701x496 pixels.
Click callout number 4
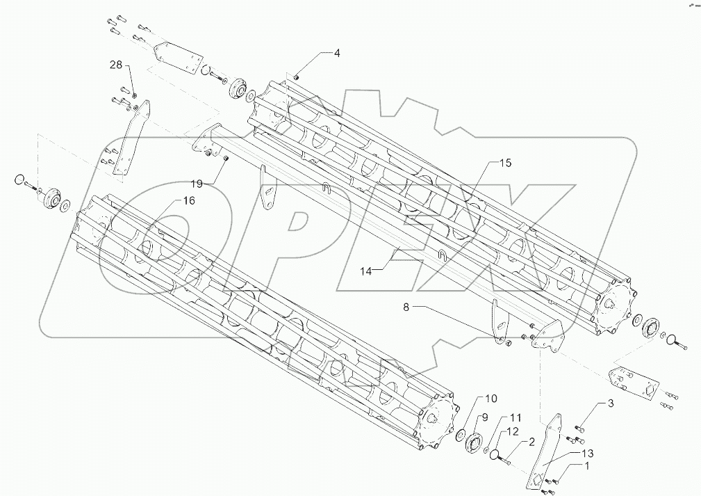(337, 53)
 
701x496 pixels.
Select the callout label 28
(115, 65)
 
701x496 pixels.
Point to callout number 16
(188, 200)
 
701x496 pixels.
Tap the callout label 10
(490, 399)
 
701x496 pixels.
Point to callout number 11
(515, 417)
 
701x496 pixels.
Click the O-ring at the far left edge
(19, 182)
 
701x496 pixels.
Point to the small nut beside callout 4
(295, 77)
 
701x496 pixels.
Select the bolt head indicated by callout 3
(578, 428)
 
